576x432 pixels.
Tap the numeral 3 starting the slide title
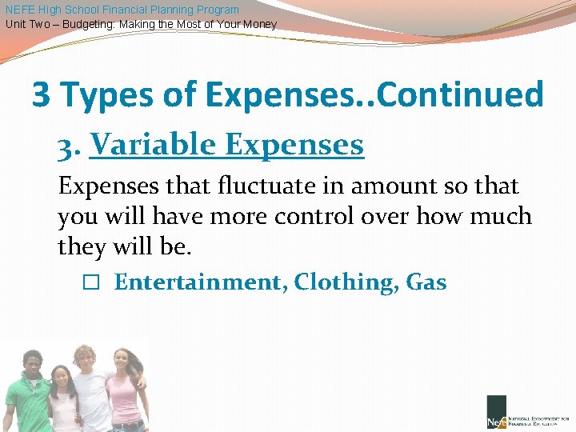(40, 95)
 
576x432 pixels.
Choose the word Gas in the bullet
(426, 282)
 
